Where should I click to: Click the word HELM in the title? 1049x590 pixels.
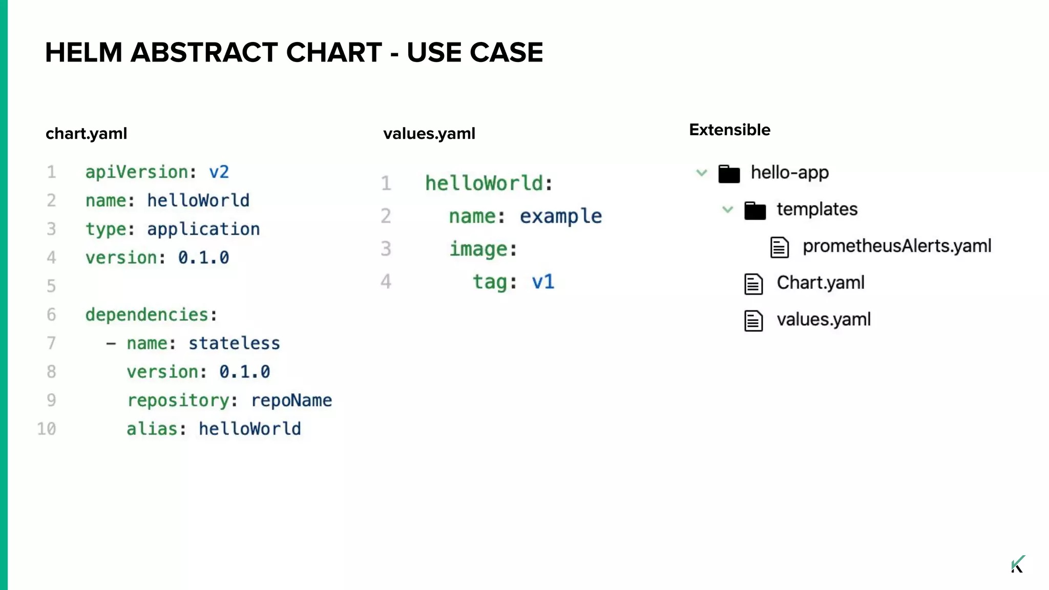point(83,52)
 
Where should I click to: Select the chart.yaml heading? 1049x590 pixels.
point(86,134)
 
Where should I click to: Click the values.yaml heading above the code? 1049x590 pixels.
point(429,134)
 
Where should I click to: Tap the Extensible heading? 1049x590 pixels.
point(729,130)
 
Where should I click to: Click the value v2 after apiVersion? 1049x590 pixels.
point(219,172)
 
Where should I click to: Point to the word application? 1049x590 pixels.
point(203,229)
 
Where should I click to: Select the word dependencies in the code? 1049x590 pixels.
point(147,314)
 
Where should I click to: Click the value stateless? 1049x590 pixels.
point(234,343)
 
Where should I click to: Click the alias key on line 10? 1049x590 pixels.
point(152,429)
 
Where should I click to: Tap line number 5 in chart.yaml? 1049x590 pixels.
point(51,286)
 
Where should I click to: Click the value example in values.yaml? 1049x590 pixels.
point(560,216)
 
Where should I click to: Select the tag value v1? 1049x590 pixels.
point(543,282)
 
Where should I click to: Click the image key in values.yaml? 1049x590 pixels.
point(478,249)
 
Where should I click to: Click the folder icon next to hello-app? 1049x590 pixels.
point(729,174)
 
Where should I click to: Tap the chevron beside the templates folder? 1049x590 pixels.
point(727,209)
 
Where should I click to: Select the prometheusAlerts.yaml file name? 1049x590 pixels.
point(896,246)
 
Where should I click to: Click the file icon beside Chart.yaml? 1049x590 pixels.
point(753,284)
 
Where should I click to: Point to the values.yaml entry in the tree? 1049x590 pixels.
point(823,320)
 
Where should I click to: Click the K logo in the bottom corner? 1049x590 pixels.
point(1018,564)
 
